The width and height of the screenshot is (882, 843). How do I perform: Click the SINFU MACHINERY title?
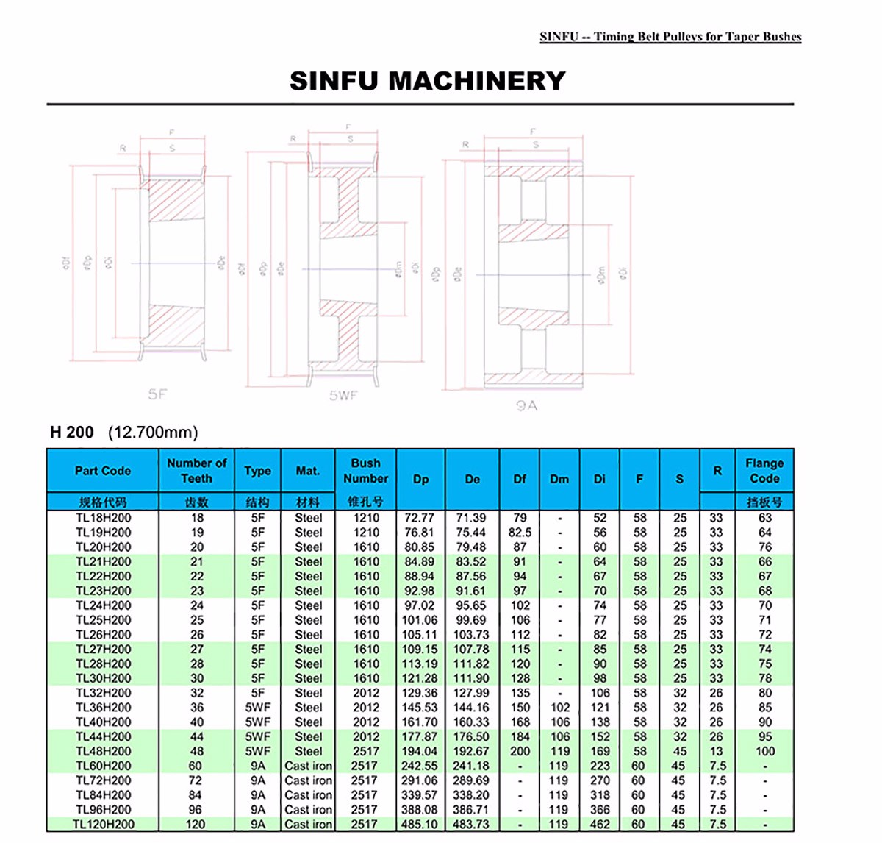[427, 80]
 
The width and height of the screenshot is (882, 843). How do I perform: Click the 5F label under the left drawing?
[157, 394]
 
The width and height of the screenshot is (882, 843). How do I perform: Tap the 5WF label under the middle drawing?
[343, 396]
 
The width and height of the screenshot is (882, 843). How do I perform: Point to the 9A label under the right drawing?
[526, 405]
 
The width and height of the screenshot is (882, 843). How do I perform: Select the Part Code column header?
[103, 471]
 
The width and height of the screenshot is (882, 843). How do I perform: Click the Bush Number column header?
[365, 471]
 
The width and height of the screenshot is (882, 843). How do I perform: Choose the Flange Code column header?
[764, 471]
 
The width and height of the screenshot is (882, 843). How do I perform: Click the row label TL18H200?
[104, 518]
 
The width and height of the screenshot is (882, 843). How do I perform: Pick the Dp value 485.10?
[420, 825]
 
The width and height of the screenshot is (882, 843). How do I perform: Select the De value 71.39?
[471, 518]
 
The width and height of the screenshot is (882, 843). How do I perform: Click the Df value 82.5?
[520, 533]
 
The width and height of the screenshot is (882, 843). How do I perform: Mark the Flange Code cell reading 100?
[765, 751]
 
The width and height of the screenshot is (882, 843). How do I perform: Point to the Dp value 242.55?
[420, 766]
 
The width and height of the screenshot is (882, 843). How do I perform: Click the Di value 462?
[600, 825]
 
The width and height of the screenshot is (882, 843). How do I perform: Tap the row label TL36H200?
[104, 708]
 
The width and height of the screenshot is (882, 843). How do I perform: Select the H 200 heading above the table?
[72, 433]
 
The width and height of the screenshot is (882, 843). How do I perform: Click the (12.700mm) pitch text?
[153, 433]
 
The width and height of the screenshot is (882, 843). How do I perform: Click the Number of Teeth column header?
[196, 471]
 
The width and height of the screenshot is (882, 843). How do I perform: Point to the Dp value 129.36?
[420, 693]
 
